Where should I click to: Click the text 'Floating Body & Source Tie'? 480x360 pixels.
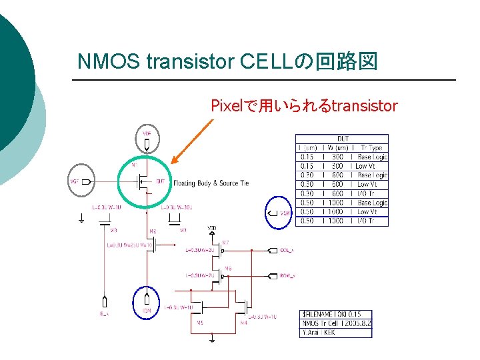[x=211, y=183]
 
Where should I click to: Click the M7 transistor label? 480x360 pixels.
[x=225, y=243]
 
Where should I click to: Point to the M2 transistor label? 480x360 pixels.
[x=153, y=231]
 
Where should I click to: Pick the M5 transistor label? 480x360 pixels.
[x=199, y=323]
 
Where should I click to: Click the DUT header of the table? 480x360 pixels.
[x=342, y=139]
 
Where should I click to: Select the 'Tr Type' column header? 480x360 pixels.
[x=371, y=147]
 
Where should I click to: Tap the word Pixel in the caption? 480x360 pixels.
[x=227, y=105]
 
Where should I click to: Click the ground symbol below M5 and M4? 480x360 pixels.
[x=212, y=340]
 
